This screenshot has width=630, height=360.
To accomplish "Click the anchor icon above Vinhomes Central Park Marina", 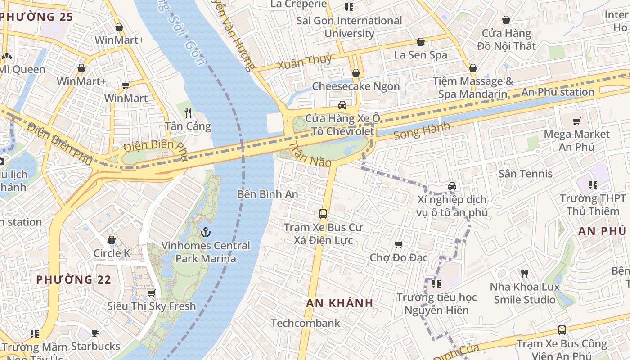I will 206,233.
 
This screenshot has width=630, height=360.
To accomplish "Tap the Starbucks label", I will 95,346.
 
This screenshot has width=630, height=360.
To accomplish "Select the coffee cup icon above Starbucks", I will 95,333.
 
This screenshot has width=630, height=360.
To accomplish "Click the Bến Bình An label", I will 268,194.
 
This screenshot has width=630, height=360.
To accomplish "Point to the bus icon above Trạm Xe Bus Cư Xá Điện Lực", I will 323,214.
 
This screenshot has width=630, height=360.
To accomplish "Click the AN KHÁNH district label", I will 340,303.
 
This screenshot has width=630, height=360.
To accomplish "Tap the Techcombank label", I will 306,323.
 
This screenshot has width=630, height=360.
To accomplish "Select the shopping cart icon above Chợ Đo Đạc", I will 398,245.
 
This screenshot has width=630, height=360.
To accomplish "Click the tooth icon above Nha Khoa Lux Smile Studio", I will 524,273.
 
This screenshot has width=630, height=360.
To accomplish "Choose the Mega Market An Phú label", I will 576,140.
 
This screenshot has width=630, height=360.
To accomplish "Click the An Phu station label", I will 558,92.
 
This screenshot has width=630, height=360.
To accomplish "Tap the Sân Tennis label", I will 525,174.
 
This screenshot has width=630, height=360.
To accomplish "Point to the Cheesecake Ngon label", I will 355,86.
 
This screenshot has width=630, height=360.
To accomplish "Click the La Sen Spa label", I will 420,55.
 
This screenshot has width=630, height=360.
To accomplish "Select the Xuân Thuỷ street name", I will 305,62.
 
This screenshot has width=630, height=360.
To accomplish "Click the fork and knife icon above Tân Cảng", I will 188,113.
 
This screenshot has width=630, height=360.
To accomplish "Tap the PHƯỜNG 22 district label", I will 73,279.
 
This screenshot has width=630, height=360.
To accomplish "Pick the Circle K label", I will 112,253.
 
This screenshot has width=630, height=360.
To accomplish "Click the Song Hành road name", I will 422,131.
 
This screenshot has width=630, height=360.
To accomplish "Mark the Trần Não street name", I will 310,155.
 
